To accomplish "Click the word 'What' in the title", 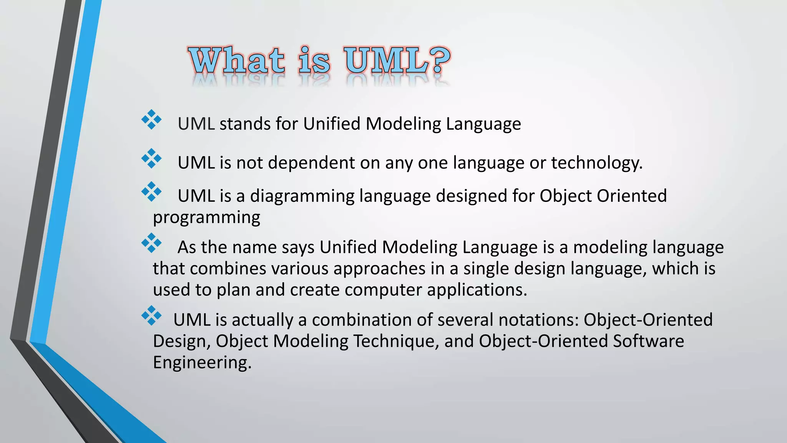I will coord(236,60).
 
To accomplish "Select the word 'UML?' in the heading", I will coord(397,60).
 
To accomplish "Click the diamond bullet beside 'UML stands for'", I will coord(151,120).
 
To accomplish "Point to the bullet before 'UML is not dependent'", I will coord(151,158).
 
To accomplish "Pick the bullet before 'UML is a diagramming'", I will coord(151,192).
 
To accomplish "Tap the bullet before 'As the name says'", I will coord(151,243).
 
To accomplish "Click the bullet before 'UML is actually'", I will coord(151,316).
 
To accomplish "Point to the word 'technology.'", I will coord(597,163).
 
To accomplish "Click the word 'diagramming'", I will coord(302,196).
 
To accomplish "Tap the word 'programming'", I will coord(207,218).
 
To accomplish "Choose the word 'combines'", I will coord(228,268).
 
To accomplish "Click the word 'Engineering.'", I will coord(202,363).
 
